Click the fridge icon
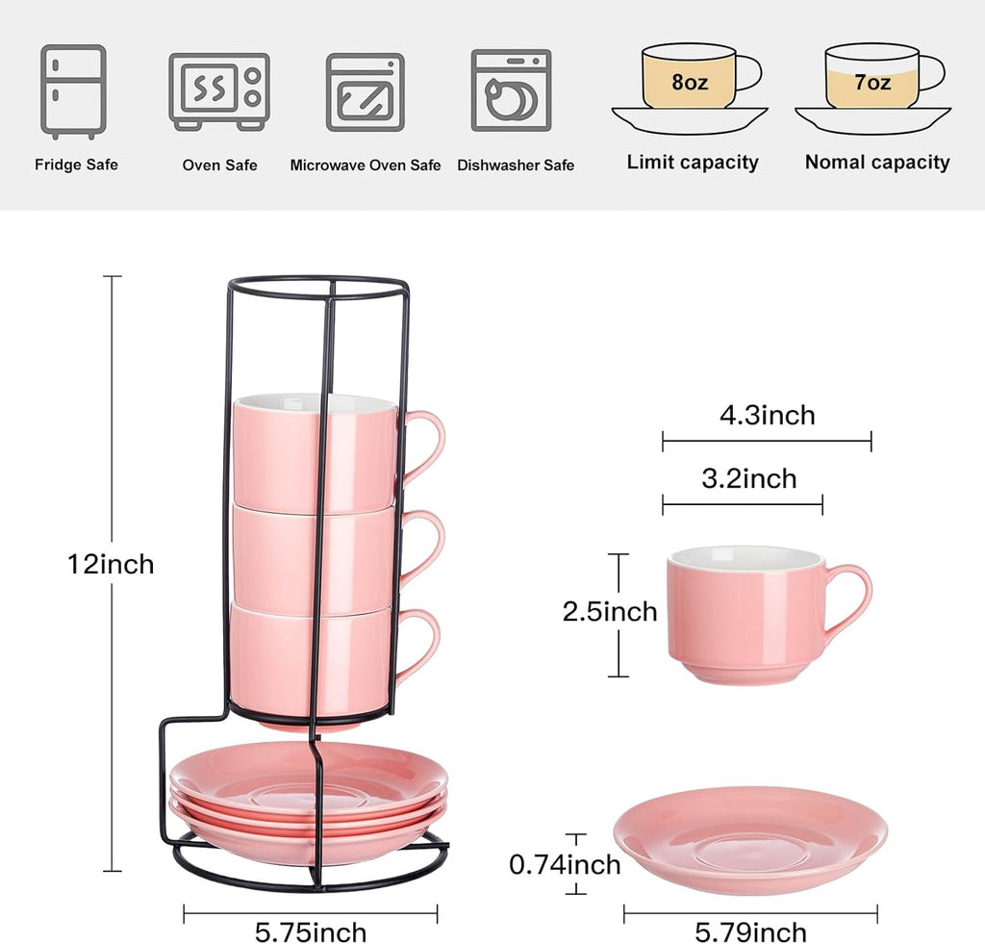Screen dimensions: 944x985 coord(73,91)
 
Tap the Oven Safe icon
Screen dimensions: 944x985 coord(219,91)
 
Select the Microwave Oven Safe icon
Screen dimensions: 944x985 coord(365,91)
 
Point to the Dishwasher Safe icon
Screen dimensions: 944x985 coord(511,91)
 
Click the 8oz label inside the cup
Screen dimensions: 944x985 coord(690,82)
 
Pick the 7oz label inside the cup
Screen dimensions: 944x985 coord(872,82)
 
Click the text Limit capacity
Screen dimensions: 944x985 coord(693,163)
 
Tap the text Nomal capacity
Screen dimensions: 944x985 coord(877,163)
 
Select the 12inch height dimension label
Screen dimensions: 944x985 coord(111,564)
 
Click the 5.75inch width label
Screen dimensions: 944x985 coord(311,932)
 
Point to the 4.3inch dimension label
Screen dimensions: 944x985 coord(767,416)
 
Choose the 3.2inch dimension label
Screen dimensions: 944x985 coord(748,478)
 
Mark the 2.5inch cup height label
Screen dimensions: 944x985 coord(610,612)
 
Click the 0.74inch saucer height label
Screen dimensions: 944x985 coord(565,865)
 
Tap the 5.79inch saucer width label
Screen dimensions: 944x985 coord(751,932)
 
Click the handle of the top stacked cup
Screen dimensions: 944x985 coord(427,445)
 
